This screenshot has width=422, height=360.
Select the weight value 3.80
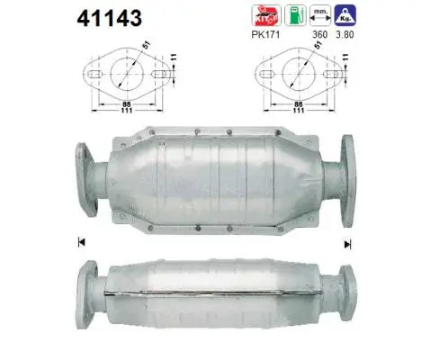click(x=342, y=35)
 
